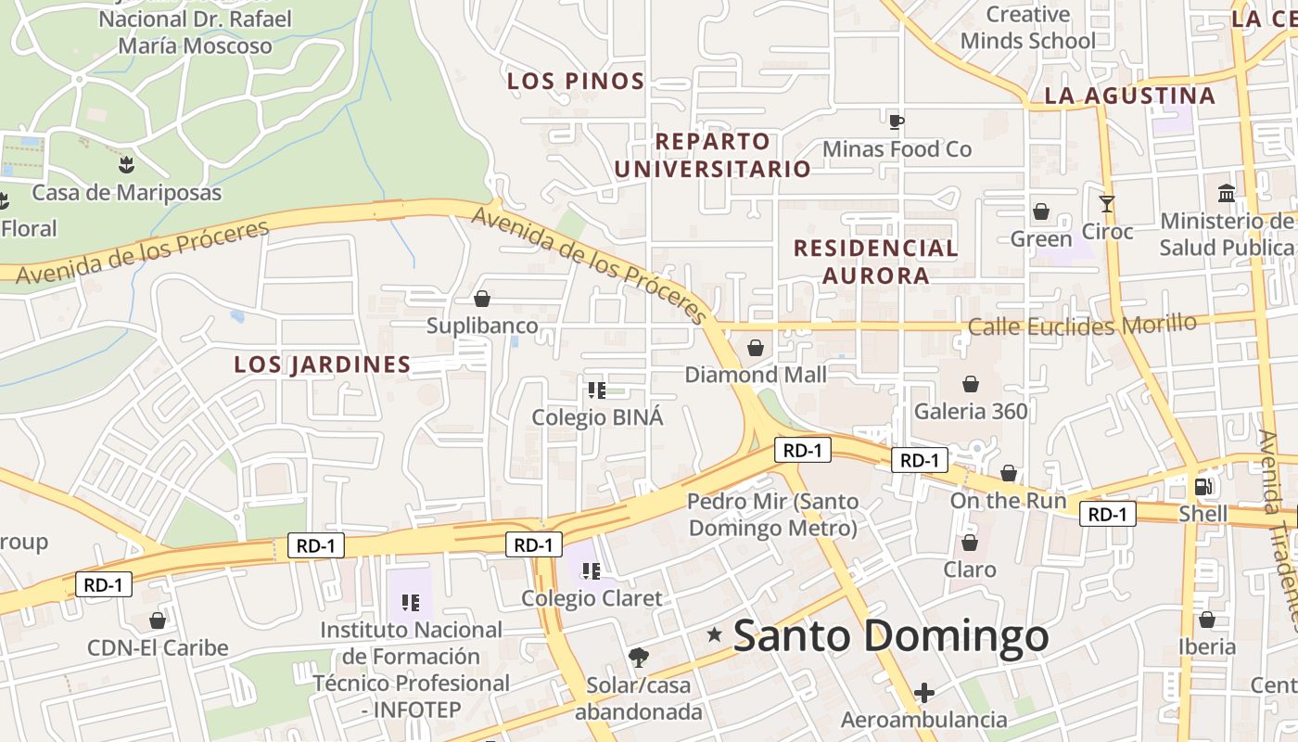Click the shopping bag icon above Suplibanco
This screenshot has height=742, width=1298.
pyautogui.click(x=482, y=299)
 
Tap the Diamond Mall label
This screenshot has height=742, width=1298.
pyautogui.click(x=756, y=375)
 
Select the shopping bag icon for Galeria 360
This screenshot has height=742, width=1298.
pyautogui.click(x=971, y=384)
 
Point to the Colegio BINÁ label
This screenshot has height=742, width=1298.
pyautogui.click(x=597, y=417)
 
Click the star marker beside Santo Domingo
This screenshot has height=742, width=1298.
pyautogui.click(x=715, y=635)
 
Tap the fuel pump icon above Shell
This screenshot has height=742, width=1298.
pyautogui.click(x=1203, y=486)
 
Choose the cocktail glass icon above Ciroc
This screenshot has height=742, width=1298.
pyautogui.click(x=1106, y=204)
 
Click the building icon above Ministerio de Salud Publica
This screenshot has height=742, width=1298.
pyautogui.click(x=1227, y=194)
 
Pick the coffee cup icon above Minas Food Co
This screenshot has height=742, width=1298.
pyautogui.click(x=896, y=122)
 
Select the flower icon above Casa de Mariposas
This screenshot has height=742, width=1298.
pyautogui.click(x=126, y=165)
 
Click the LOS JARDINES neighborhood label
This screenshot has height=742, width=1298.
pyautogui.click(x=322, y=365)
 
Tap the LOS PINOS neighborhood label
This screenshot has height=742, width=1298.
pyautogui.click(x=576, y=82)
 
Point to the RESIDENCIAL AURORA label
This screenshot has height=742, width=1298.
pyautogui.click(x=876, y=262)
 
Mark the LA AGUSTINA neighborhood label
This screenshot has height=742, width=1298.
pyautogui.click(x=1129, y=96)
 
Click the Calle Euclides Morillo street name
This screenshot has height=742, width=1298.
pyautogui.click(x=1082, y=326)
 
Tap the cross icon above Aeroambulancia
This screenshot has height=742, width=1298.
pyautogui.click(x=923, y=693)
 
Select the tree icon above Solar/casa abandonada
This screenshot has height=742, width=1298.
pyautogui.click(x=638, y=659)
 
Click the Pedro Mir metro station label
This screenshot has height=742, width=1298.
pyautogui.click(x=772, y=515)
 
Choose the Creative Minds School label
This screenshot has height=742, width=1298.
pyautogui.click(x=1027, y=28)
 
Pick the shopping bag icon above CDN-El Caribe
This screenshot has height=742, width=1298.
pyautogui.click(x=158, y=620)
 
